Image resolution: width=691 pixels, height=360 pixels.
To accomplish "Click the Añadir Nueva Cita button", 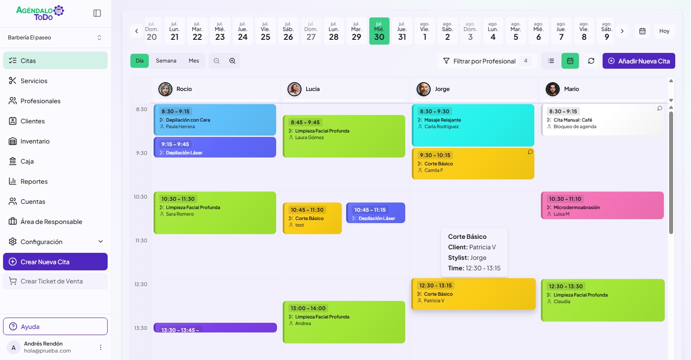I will (x=638, y=61).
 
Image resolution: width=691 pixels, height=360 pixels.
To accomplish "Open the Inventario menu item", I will (x=35, y=141).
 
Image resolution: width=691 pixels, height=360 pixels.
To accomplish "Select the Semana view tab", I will (x=166, y=61).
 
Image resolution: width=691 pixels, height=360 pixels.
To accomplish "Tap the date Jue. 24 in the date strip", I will (x=242, y=31).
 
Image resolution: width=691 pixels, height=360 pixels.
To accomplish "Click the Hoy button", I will (x=664, y=31).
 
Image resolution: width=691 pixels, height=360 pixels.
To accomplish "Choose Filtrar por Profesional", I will (x=484, y=61).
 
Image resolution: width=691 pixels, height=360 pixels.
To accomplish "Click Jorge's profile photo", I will (x=424, y=89).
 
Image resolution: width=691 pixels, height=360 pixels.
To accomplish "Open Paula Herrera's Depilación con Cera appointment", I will (x=215, y=120).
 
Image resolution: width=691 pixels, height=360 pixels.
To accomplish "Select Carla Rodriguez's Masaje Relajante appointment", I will (x=473, y=125).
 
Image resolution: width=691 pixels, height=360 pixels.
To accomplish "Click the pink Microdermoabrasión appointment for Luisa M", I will (x=602, y=206).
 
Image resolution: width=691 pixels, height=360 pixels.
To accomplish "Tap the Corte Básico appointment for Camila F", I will (x=473, y=164).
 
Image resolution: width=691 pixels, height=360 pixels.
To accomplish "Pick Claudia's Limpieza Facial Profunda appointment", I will (x=602, y=300).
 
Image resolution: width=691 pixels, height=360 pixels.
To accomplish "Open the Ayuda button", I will (x=55, y=326).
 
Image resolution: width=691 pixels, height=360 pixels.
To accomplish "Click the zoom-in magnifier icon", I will (x=232, y=61).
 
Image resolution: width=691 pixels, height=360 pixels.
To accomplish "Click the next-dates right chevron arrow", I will (x=622, y=31).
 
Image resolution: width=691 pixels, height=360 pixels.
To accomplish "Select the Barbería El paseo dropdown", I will (x=55, y=38).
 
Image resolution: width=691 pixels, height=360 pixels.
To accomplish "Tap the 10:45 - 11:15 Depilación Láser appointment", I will (x=375, y=213).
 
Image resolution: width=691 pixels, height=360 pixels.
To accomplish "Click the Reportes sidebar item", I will (x=34, y=182).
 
